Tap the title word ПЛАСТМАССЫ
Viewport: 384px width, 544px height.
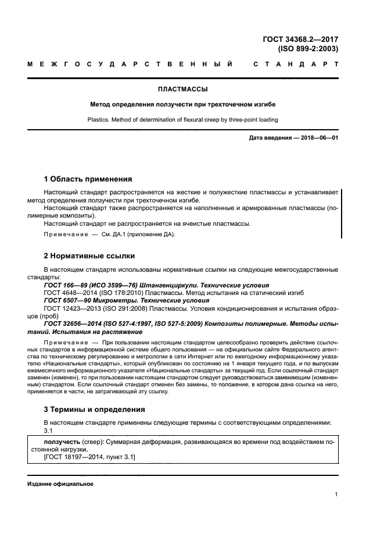183,90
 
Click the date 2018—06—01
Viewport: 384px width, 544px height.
318,138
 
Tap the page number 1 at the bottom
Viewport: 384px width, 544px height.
337,495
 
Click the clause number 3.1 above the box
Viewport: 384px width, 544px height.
48,430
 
